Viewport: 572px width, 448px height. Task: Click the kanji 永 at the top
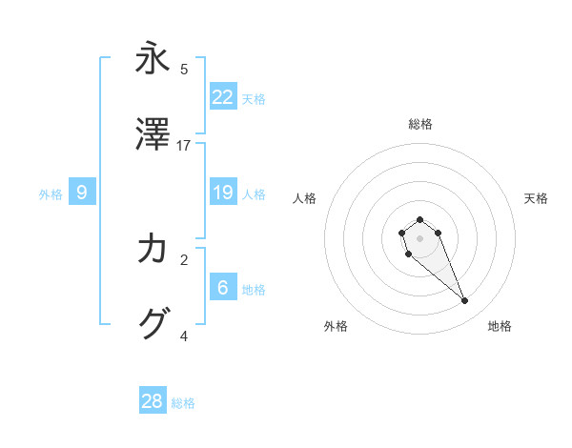[x=153, y=58]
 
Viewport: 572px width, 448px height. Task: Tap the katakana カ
[x=153, y=249]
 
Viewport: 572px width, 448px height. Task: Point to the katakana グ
[x=153, y=324]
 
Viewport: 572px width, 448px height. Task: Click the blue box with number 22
[x=223, y=96]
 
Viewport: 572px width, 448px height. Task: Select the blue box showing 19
[x=223, y=193]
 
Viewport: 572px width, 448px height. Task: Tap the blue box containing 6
[x=223, y=287]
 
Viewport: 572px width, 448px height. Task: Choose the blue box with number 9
[x=82, y=193]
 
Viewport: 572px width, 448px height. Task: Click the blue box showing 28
[x=153, y=401]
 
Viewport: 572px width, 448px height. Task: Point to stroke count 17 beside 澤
[x=184, y=146]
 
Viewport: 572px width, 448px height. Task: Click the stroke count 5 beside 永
[x=184, y=69]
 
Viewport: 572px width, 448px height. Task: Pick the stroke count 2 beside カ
[x=184, y=259]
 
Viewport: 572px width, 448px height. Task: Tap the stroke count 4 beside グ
[x=184, y=336]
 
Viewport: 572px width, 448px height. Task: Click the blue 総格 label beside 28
[x=183, y=403]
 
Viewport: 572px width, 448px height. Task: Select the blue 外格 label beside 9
[x=51, y=194]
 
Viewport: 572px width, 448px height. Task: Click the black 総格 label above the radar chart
[x=420, y=124]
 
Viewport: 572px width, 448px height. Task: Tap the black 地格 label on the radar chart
[x=500, y=326]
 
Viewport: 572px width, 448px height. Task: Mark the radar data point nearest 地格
[x=465, y=301]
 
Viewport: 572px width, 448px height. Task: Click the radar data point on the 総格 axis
[x=419, y=220]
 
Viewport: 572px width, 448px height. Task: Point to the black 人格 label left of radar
[x=305, y=198]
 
